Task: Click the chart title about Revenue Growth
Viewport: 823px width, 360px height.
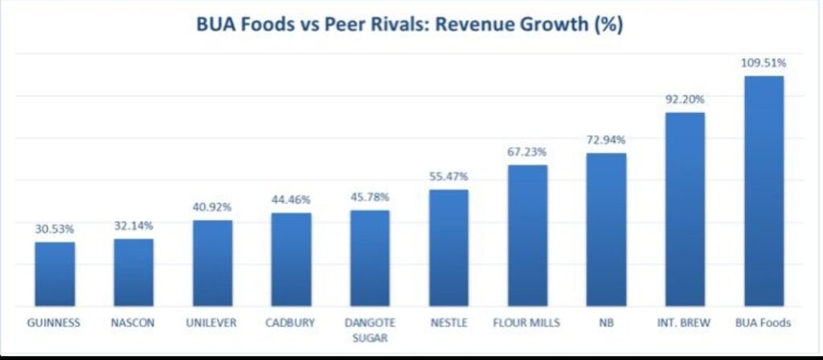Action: [410, 25]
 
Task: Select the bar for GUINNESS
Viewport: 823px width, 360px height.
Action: [55, 274]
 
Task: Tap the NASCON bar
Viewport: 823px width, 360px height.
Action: [133, 272]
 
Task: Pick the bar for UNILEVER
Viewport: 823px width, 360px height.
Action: [212, 263]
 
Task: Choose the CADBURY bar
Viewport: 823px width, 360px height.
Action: [291, 260]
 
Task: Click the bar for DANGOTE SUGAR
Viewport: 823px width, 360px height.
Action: [370, 258]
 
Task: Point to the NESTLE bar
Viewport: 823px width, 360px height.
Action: [448, 247]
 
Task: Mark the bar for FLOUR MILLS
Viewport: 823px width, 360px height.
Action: [527, 235]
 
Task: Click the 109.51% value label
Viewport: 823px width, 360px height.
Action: [764, 63]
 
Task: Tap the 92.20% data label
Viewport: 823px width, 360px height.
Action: [685, 100]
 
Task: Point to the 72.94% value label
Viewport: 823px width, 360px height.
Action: [606, 140]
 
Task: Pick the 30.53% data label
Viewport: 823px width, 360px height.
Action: [55, 229]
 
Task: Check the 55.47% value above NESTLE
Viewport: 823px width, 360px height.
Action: [448, 176]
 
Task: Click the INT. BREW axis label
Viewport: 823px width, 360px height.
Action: [685, 324]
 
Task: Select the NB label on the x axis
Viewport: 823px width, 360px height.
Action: [606, 324]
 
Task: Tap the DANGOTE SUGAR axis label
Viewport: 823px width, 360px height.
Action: [370, 330]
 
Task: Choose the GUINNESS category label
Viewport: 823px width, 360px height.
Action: [55, 324]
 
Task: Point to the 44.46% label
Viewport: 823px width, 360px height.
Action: [291, 199]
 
